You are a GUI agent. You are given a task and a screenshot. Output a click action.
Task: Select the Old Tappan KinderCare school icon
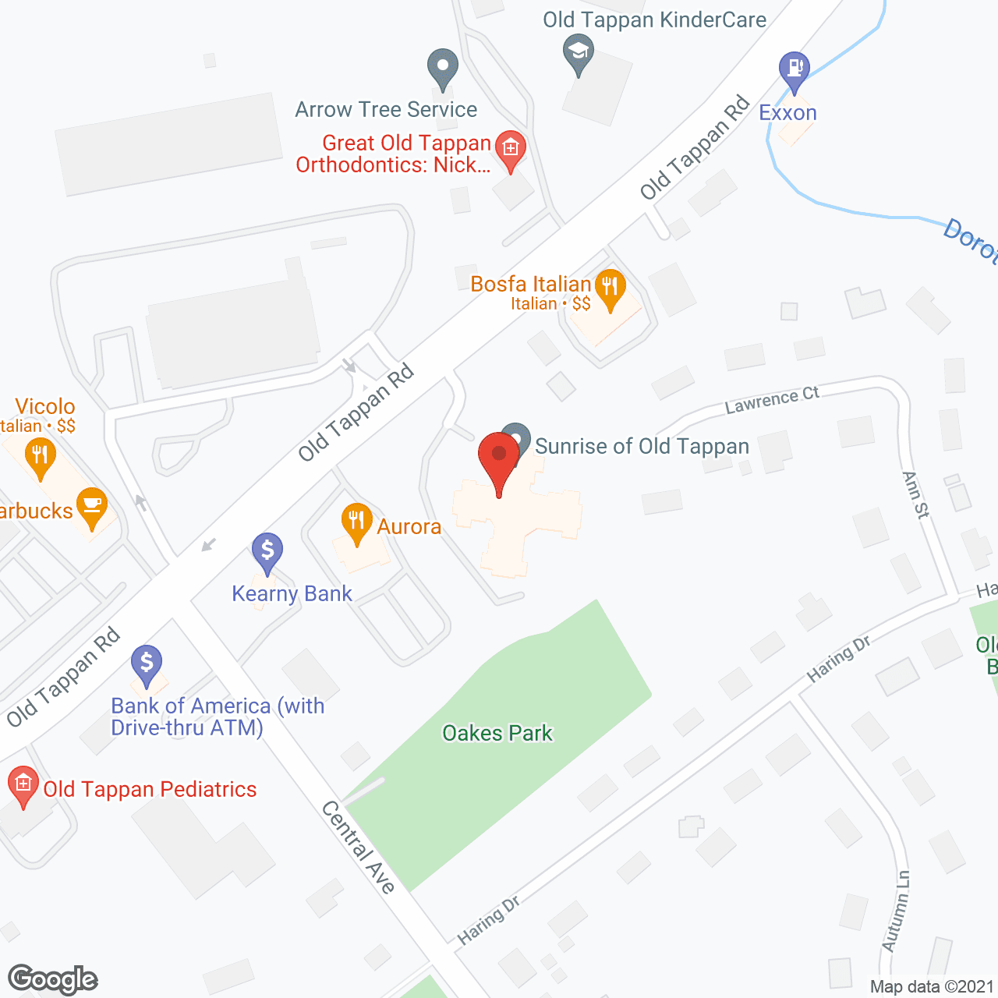coord(579,53)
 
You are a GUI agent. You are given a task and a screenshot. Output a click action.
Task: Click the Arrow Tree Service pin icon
coord(443,68)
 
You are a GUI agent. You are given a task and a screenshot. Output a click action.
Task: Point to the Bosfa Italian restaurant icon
coord(610,288)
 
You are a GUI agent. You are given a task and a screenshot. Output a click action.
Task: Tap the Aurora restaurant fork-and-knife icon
coord(356,522)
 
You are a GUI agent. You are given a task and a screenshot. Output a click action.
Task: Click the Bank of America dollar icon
coord(147,664)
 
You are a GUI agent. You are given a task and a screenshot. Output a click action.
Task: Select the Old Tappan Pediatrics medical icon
coord(23,784)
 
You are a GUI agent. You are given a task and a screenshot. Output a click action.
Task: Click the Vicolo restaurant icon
coord(40,456)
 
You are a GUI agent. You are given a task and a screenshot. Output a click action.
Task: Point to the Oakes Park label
coord(497,733)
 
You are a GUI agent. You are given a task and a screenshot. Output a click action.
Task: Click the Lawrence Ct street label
coord(772,400)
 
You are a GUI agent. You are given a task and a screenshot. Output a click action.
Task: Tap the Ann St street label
coord(916,495)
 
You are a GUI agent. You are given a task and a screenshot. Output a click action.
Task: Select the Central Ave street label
coord(359,847)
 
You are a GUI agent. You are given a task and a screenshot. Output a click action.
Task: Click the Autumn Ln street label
coord(897,911)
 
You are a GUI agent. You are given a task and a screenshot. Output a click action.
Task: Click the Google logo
coord(53,979)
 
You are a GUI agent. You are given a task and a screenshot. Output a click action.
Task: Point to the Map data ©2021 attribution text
coord(932,987)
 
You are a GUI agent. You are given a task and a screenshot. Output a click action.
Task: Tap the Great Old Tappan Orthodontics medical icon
coord(511,148)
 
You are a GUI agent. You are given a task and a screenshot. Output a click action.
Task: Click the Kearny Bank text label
coord(292,594)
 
